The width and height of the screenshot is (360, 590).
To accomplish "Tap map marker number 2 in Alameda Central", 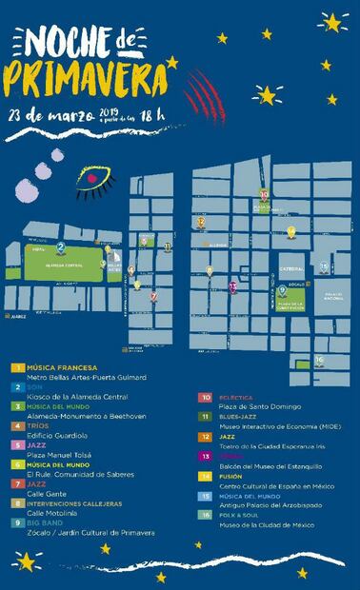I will pos(61,248).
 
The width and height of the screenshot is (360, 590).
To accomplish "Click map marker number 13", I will pos(232,285).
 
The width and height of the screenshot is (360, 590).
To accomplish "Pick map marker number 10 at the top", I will pos(264,196).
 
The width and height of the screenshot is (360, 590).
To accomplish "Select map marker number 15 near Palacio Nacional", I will pos(324,267).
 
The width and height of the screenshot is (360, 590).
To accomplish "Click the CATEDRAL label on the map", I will pos(290,270).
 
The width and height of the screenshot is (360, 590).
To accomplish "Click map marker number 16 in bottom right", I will pos(320,361).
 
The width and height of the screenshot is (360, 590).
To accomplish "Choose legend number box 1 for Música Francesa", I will pos(17,366).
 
